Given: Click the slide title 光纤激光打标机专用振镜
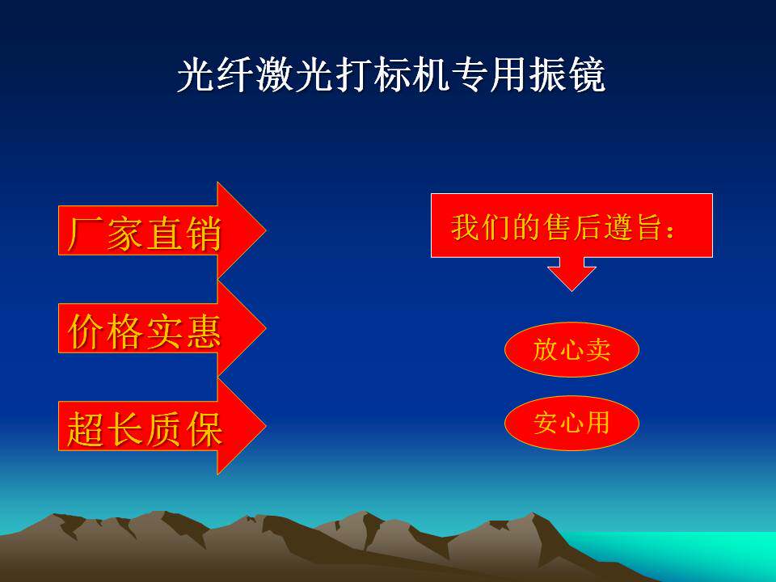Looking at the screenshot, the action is coord(391,75).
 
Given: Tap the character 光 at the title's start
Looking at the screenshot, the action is coord(196,75).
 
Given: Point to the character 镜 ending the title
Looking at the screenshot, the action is coord(588,75).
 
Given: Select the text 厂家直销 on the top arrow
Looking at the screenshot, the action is coord(144,233).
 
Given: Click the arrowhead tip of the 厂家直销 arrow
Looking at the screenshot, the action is coord(266,230).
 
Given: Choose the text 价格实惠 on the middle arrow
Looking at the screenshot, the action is coord(144,331).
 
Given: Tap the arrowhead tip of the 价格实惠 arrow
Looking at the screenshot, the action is coord(266,327).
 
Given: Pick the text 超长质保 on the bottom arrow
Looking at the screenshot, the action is coord(144,429).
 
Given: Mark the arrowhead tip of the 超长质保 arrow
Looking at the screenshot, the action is coord(266,426).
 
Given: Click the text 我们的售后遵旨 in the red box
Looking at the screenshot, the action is coord(556,227).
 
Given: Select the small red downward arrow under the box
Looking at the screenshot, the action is coord(571,274).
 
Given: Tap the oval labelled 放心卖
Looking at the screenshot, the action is coord(571,349).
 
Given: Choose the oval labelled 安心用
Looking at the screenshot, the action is coord(571,423).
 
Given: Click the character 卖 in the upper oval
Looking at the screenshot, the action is coord(597,349).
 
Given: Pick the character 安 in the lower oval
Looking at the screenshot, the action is coord(546,423).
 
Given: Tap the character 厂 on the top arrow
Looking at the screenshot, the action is coord(85,233).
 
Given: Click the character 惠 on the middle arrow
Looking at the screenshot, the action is coord(204,331).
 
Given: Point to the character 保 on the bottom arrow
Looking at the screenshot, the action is coord(204,429).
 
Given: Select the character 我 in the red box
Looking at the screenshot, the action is coord(465,227).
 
